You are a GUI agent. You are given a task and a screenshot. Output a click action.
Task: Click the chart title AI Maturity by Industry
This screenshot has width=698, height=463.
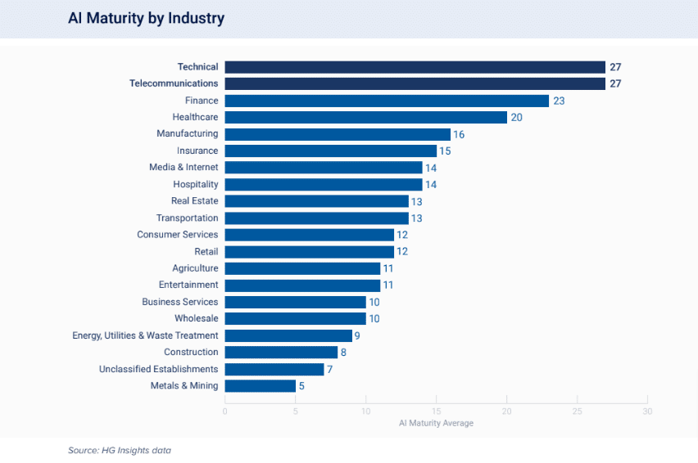tap(146, 18)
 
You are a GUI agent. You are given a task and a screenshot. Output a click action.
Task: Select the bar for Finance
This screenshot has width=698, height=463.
tap(386, 101)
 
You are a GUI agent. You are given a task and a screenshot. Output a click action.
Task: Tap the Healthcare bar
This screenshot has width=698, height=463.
tap(365, 117)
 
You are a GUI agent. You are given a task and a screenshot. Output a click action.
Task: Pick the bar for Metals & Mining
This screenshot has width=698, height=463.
tap(260, 385)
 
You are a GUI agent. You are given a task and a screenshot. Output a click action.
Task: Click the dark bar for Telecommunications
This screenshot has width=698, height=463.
tap(415, 83)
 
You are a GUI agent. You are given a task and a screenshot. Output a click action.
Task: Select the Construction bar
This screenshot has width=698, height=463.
tap(281, 352)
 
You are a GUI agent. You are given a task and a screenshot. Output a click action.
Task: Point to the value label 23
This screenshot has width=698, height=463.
tap(560, 101)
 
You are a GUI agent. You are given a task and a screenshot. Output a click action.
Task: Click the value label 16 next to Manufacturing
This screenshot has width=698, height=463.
tap(459, 134)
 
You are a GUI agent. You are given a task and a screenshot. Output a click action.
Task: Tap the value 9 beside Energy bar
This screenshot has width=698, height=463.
tap(358, 335)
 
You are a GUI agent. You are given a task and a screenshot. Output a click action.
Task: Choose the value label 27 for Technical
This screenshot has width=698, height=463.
tap(616, 67)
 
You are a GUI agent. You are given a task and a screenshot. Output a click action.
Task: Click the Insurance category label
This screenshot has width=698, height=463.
tap(197, 151)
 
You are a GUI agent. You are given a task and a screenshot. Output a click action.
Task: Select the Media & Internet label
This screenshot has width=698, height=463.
tap(184, 168)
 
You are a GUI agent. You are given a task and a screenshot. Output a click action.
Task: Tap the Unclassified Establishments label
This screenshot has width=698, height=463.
tap(158, 369)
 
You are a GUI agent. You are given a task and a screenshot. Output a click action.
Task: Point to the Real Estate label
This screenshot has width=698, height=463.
tap(194, 201)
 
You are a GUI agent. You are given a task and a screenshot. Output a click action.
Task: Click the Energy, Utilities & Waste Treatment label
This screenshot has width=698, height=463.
tap(145, 335)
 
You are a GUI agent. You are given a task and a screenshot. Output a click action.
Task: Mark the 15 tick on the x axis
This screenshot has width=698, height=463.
tap(436, 411)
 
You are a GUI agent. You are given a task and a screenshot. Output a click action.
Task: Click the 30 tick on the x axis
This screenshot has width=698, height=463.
tap(647, 411)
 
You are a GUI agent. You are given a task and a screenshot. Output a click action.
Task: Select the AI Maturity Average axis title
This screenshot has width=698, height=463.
tap(436, 424)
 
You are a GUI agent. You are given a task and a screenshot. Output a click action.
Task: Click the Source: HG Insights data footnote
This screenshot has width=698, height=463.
tap(120, 450)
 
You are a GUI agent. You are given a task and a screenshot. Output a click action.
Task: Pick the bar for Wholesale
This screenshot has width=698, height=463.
tap(295, 318)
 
